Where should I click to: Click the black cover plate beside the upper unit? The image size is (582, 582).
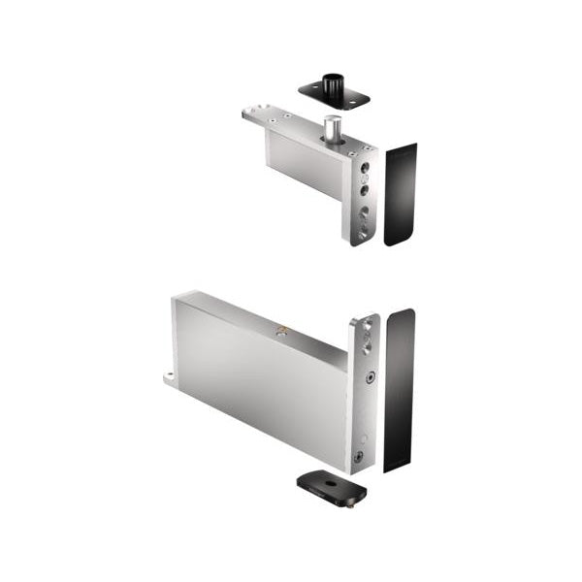[x=400, y=194]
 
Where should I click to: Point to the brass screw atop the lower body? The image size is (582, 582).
[x=282, y=331]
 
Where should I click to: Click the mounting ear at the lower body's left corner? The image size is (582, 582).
[x=170, y=376]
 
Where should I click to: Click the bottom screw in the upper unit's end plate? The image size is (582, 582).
[x=362, y=233]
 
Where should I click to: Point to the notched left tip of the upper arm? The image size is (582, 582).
[x=248, y=113]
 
